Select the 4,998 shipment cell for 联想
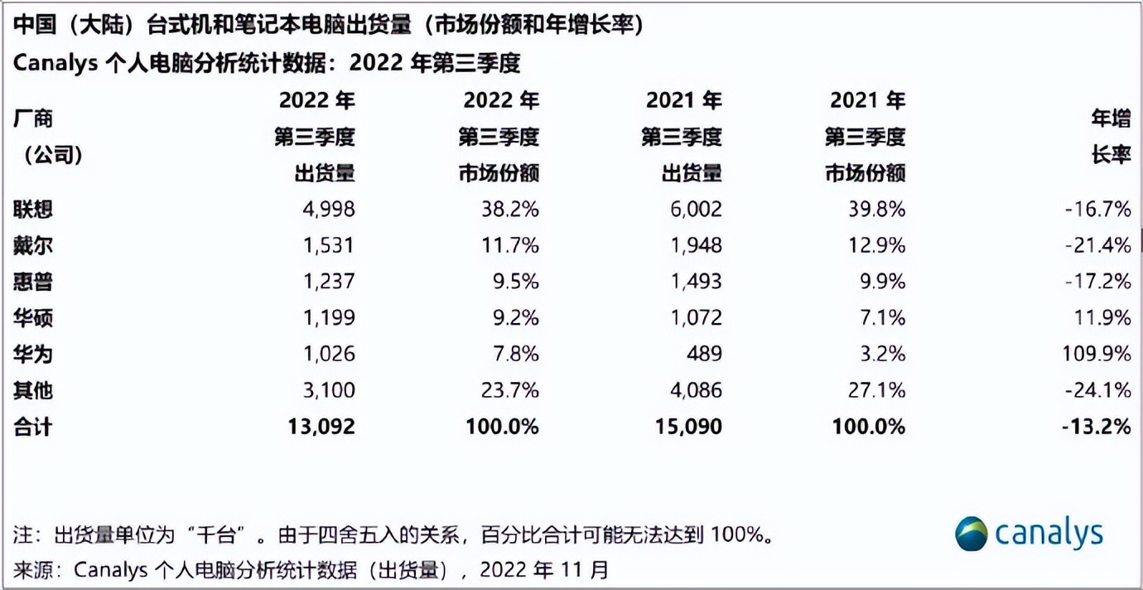pos(327,209)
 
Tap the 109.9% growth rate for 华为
pos(1098,354)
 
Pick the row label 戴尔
pos(33,245)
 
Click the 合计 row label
pos(33,427)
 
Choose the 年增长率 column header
pos(1111,137)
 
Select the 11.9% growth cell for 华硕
pos(1103,317)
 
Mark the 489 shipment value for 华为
pos(702,354)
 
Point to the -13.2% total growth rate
pos(1097,427)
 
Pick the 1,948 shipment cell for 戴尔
pos(693,245)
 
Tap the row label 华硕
pos(33,317)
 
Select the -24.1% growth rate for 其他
pos(1098,390)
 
